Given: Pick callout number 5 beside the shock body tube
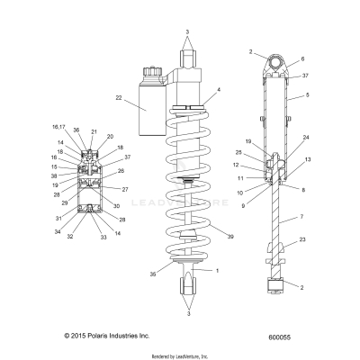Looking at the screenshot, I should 307,94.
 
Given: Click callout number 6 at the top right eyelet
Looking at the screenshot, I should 302,58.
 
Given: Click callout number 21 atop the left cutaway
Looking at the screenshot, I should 93,131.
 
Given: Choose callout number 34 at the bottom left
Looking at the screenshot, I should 58,232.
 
